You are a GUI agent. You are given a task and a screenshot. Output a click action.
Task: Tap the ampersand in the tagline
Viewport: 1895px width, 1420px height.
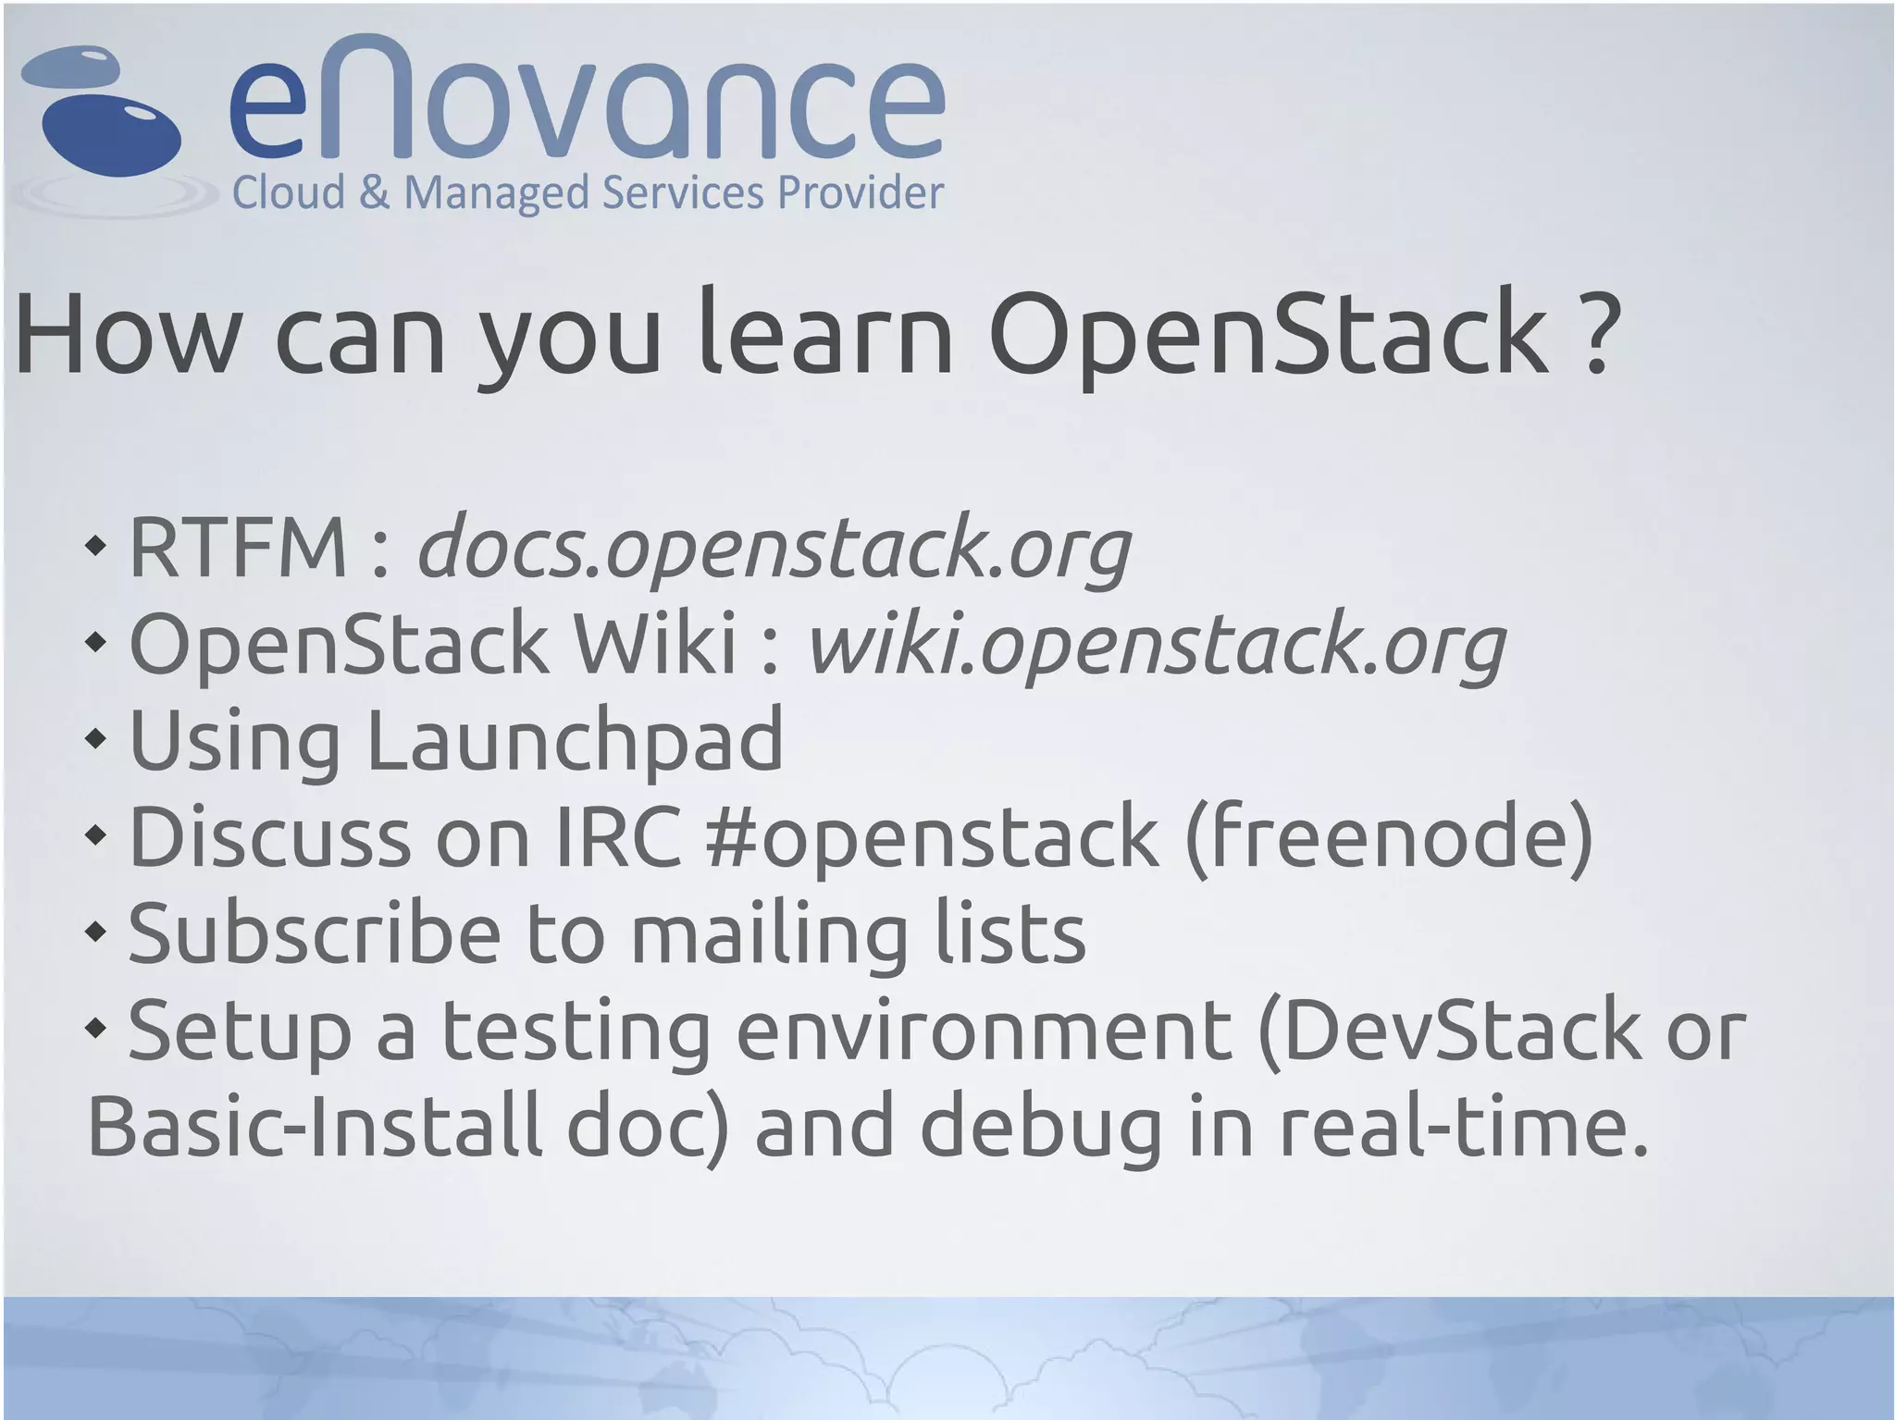(x=374, y=193)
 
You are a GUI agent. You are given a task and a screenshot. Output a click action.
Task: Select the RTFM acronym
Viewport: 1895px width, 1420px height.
(x=238, y=548)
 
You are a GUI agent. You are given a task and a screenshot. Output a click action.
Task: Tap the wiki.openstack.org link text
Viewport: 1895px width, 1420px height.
(x=1157, y=645)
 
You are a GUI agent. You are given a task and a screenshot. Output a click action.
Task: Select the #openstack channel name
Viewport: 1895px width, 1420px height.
(x=931, y=836)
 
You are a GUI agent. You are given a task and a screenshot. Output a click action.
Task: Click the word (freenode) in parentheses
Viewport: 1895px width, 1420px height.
(x=1389, y=836)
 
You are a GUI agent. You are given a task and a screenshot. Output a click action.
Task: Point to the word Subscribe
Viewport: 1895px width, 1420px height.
(x=315, y=933)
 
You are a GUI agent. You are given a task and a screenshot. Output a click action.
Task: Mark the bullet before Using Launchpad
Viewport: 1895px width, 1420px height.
(x=96, y=739)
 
